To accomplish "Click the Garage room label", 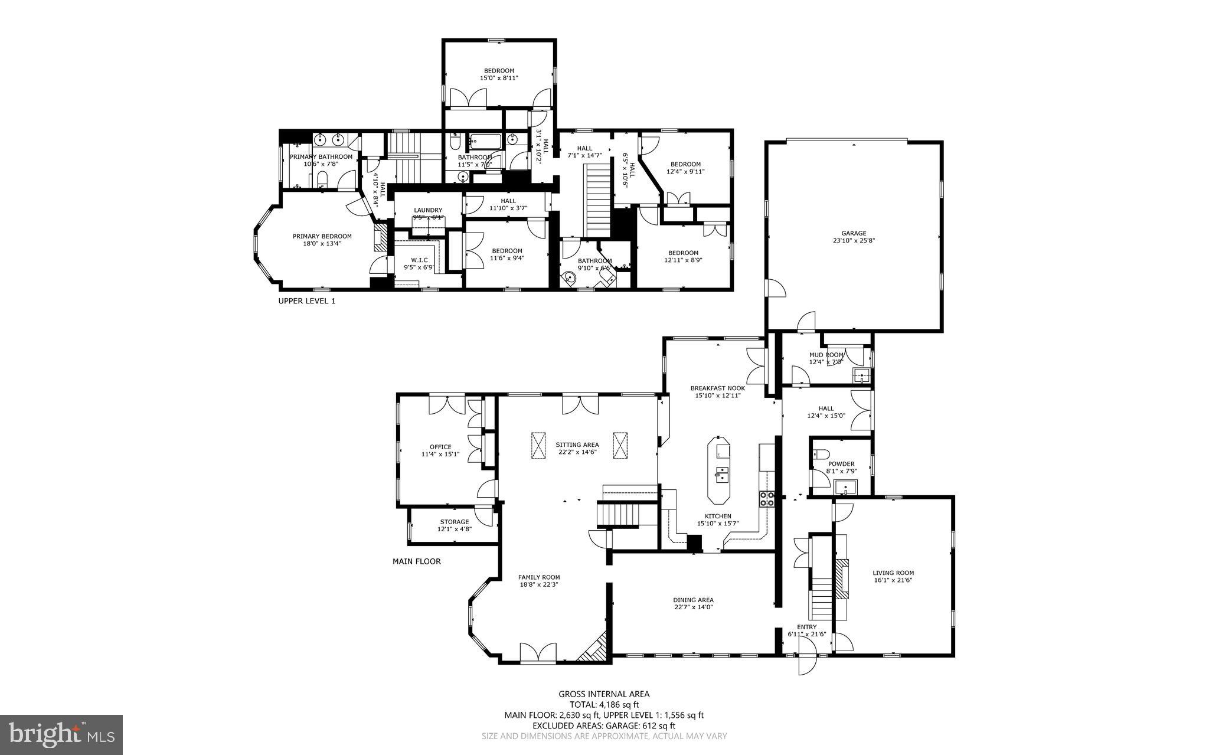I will pos(854,233).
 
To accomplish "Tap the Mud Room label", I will pos(826,355).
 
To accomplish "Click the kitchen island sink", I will pos(721,474).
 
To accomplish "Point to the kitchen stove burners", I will pos(766,499).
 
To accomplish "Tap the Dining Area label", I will pos(693,600).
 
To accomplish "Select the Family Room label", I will pos(538,577).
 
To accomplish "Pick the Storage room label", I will pos(454,522).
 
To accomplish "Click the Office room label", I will pos(440,447).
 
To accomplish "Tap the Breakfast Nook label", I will pos(717,388).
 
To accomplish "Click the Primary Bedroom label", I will pos(322,236).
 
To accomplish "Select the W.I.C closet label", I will pos(419,260).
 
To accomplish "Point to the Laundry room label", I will pos(428,210).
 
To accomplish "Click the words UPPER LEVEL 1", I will pos(306,301).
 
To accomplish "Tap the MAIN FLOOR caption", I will pos(416,561).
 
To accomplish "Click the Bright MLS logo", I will pos(61,734).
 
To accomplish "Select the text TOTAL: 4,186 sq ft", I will pos(604,704).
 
